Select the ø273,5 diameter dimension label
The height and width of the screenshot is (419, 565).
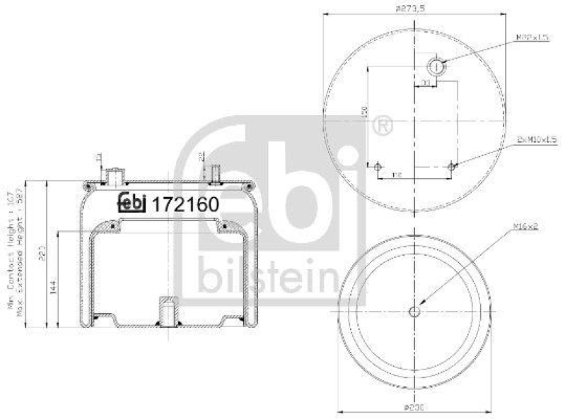[414, 8]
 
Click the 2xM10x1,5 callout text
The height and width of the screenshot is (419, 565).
[537, 140]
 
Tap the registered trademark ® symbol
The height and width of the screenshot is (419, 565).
[383, 126]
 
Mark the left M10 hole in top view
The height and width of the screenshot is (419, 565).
[378, 166]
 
